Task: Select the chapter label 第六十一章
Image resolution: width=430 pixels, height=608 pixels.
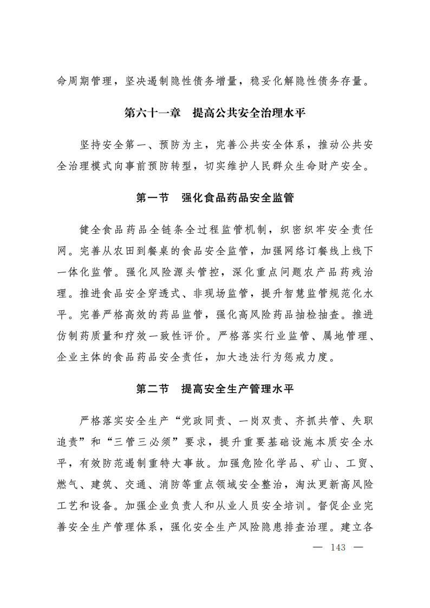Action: [x=153, y=113]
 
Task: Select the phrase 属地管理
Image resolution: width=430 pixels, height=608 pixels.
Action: [x=344, y=336]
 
